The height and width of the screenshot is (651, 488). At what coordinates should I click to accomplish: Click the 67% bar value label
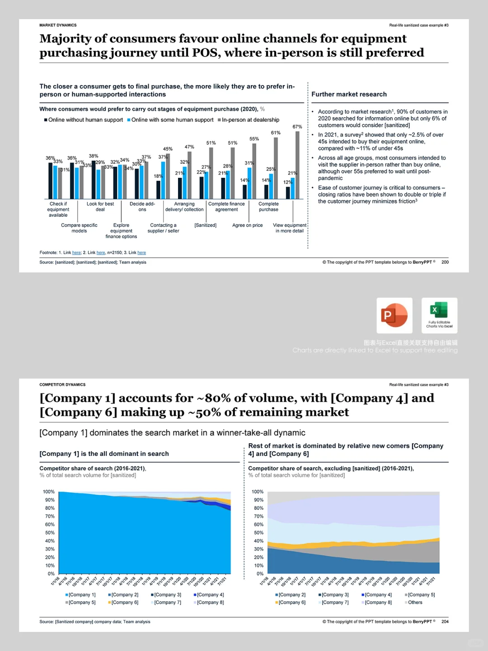297,127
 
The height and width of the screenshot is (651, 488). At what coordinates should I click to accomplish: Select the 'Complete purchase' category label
268,207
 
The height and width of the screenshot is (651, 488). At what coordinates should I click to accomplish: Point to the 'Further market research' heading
349,94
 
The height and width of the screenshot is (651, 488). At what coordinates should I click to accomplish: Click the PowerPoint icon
394,315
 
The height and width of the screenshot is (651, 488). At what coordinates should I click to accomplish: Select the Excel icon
439,315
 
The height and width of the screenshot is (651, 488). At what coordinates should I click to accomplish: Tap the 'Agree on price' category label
247,225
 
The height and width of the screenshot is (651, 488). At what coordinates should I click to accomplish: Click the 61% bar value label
276,133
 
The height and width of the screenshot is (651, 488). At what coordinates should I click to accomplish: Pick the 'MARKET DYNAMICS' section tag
58,25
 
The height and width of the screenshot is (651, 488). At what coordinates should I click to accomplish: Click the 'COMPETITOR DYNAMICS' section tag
62,385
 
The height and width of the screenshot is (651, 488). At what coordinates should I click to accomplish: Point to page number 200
445,262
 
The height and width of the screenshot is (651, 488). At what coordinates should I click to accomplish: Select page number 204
445,622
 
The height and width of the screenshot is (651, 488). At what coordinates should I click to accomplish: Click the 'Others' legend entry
415,602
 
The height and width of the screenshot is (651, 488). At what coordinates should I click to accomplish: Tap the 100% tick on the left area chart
49,492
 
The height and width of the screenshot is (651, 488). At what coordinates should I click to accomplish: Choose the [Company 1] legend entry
82,595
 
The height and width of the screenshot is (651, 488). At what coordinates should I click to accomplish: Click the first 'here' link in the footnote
76,253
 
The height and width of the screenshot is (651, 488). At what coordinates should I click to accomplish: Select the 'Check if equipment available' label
58,209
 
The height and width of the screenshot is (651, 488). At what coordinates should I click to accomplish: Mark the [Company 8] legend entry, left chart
210,602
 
